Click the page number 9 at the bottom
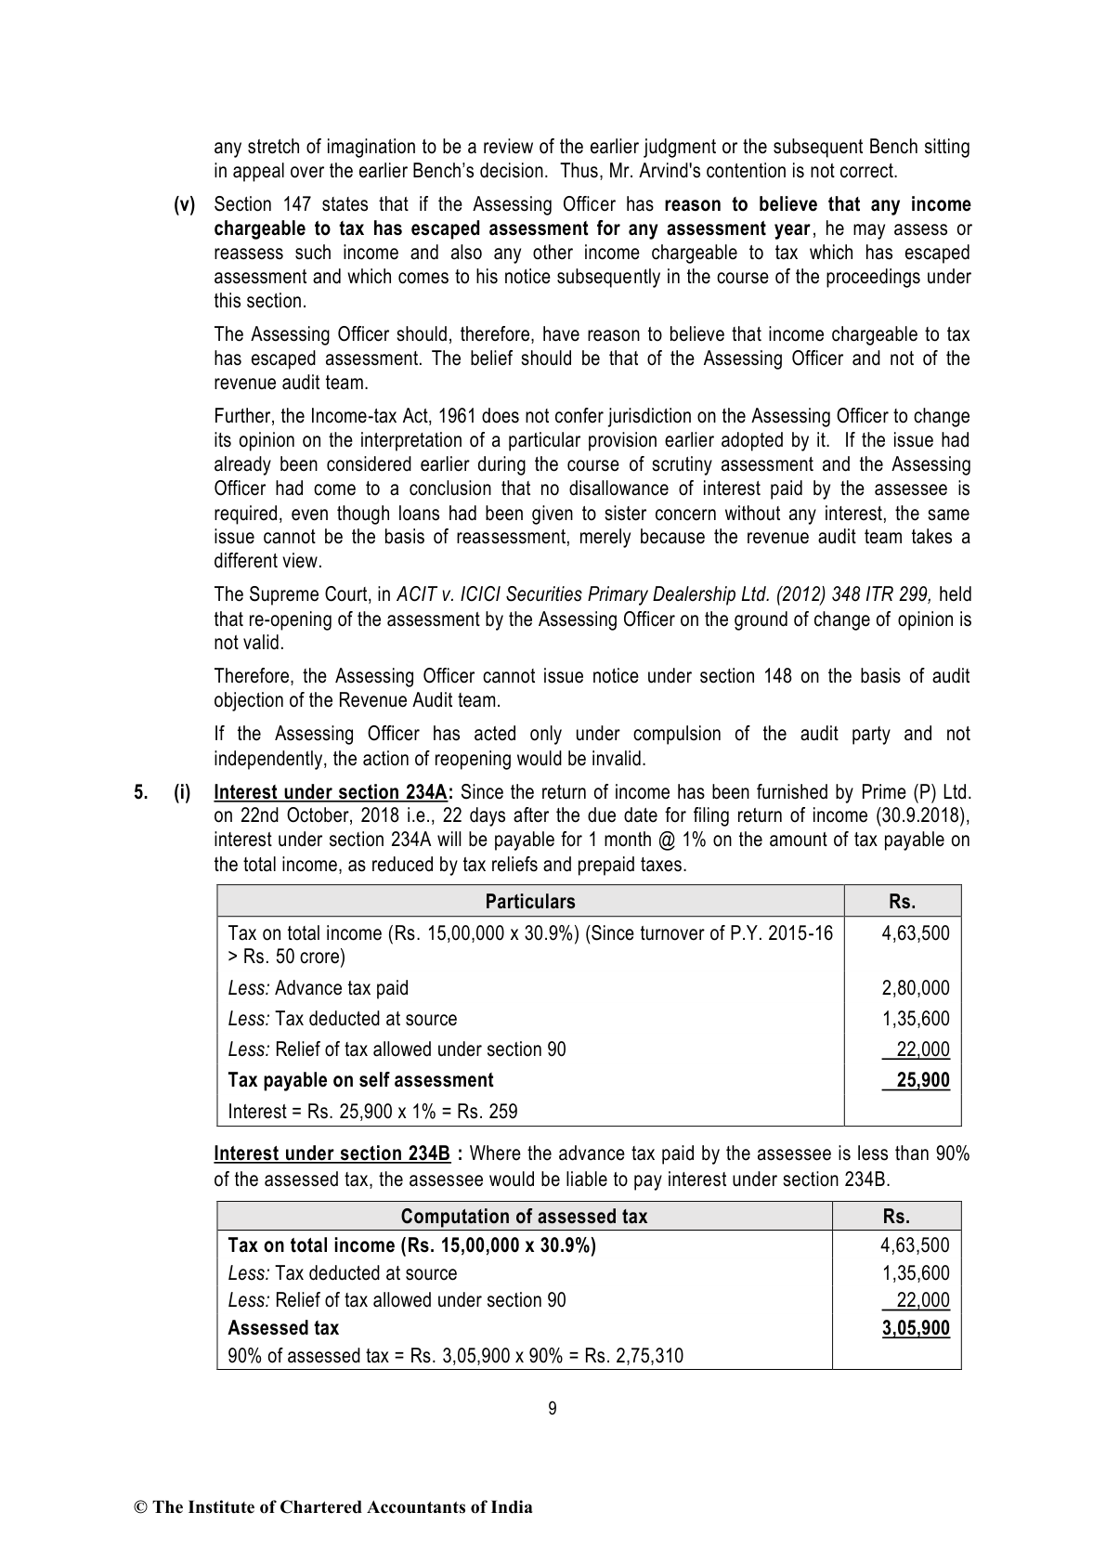click(x=553, y=1409)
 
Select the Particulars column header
click(x=530, y=902)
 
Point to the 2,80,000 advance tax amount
click(x=915, y=988)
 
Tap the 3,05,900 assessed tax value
click(x=916, y=1328)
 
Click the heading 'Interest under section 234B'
click(x=332, y=1153)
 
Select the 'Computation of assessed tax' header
click(x=524, y=1217)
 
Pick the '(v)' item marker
click(x=185, y=204)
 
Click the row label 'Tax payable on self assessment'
click(x=360, y=1080)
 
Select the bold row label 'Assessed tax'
click(x=283, y=1328)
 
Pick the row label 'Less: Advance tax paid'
click(x=318, y=988)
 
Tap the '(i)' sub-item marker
click(x=182, y=792)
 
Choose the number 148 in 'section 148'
click(x=779, y=676)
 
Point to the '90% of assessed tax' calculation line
click(x=455, y=1356)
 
